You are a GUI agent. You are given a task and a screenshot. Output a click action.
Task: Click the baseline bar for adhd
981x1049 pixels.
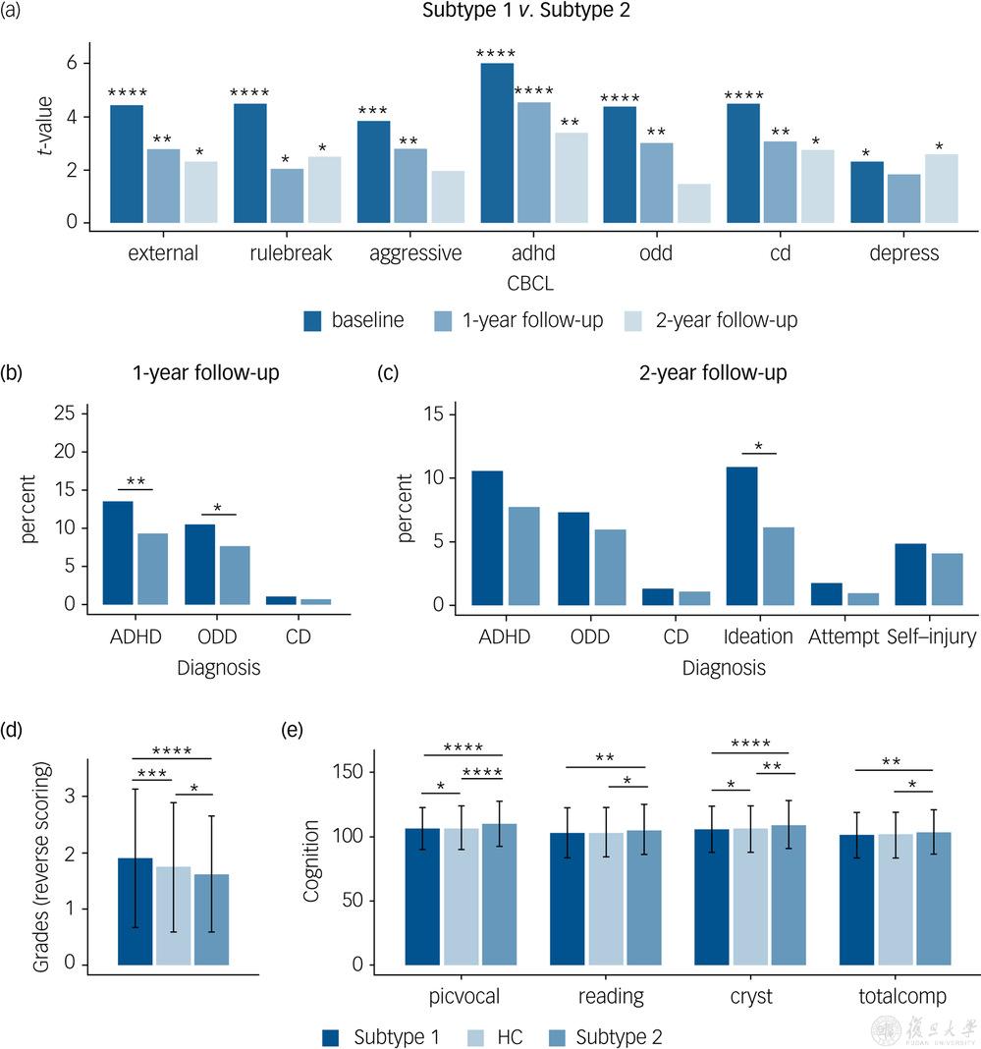coord(496,143)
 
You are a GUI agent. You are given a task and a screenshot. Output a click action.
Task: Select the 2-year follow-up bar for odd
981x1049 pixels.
coord(693,203)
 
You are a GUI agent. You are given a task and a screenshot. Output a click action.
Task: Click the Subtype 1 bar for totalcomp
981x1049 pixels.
coord(856,900)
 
